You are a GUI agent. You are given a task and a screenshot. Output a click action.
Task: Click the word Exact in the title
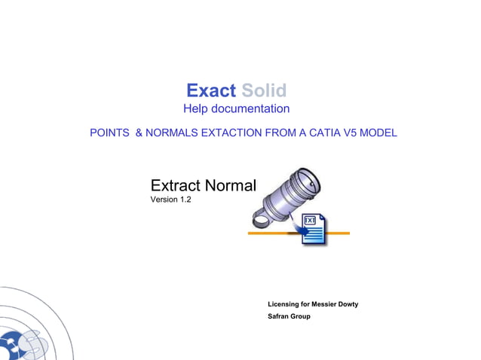coord(211,91)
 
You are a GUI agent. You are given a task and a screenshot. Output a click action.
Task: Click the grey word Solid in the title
coord(264,91)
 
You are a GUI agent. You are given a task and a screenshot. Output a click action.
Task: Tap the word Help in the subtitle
coord(197,110)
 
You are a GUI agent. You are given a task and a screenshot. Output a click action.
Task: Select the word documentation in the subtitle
coord(251,110)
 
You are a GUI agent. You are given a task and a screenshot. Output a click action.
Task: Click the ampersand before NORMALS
coord(139,133)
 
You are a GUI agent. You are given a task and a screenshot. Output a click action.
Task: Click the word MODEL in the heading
coord(378,133)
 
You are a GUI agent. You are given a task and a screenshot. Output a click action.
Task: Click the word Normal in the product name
coord(231,185)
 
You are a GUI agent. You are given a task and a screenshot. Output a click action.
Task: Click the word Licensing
coord(283,304)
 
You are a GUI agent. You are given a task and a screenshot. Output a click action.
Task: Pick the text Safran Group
coord(289,316)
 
